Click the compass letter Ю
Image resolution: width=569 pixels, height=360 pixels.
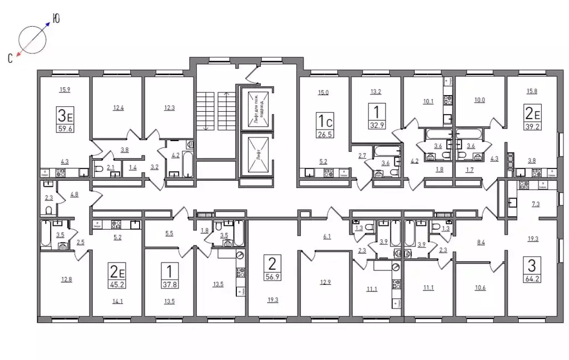56,18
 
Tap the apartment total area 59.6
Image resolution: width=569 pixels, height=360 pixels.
65,128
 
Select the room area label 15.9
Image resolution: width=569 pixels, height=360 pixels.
65,90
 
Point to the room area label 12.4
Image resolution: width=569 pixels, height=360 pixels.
118,108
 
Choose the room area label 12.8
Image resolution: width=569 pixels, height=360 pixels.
66,279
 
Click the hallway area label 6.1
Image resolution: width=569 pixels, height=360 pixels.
327,236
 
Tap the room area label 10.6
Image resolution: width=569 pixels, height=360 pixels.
481,288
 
